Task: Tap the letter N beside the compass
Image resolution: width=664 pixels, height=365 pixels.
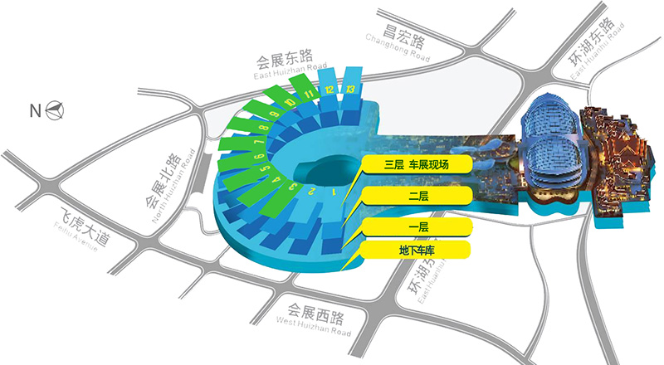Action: (x=35, y=109)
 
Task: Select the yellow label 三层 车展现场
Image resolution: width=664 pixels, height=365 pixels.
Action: (x=416, y=164)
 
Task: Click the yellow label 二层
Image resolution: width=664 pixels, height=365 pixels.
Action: (x=416, y=197)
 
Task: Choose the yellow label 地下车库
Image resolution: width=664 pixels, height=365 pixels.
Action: (x=416, y=250)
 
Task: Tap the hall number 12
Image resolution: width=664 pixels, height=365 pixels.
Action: (x=330, y=89)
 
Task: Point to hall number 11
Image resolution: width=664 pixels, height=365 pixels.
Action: (x=309, y=95)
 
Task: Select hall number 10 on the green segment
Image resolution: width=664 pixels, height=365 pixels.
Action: (x=288, y=103)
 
